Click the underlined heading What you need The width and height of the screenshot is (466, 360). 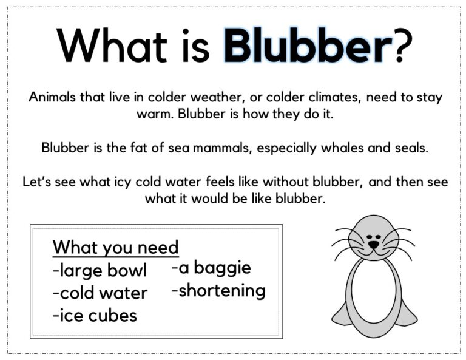115,248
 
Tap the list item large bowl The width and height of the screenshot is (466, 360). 100,270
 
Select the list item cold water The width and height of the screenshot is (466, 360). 100,293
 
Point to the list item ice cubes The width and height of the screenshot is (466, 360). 95,316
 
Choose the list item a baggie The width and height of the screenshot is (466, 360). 211,268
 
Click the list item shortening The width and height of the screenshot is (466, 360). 218,291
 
